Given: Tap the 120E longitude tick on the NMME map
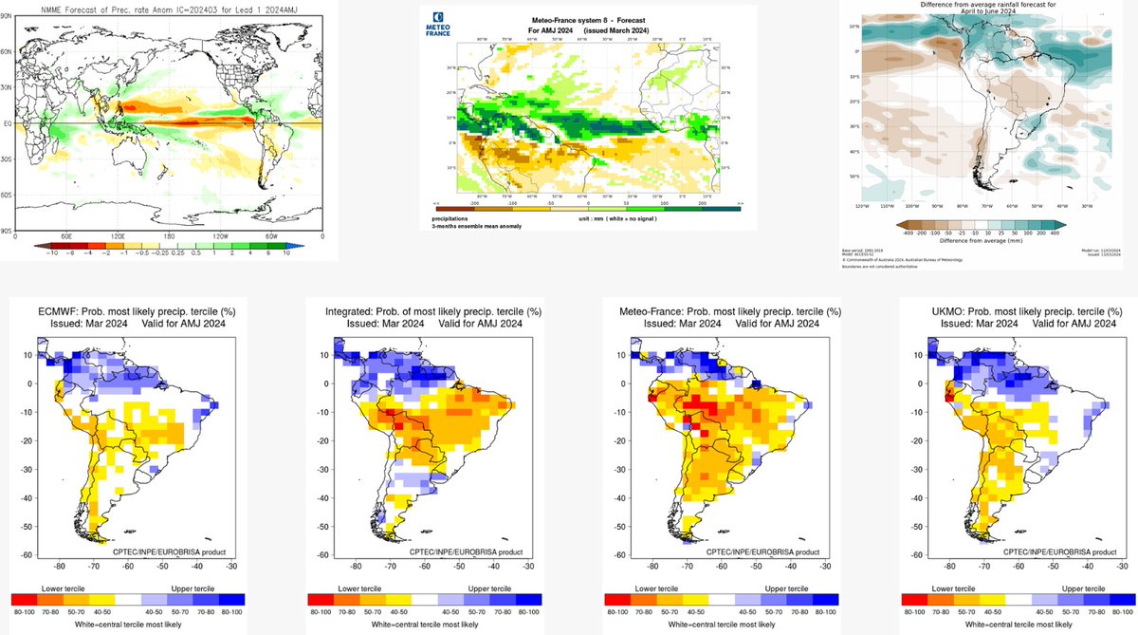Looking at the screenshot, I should coord(118,236).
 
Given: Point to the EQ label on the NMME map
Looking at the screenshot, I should coord(7,123).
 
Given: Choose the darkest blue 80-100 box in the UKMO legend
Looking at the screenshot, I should coord(1123,600).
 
